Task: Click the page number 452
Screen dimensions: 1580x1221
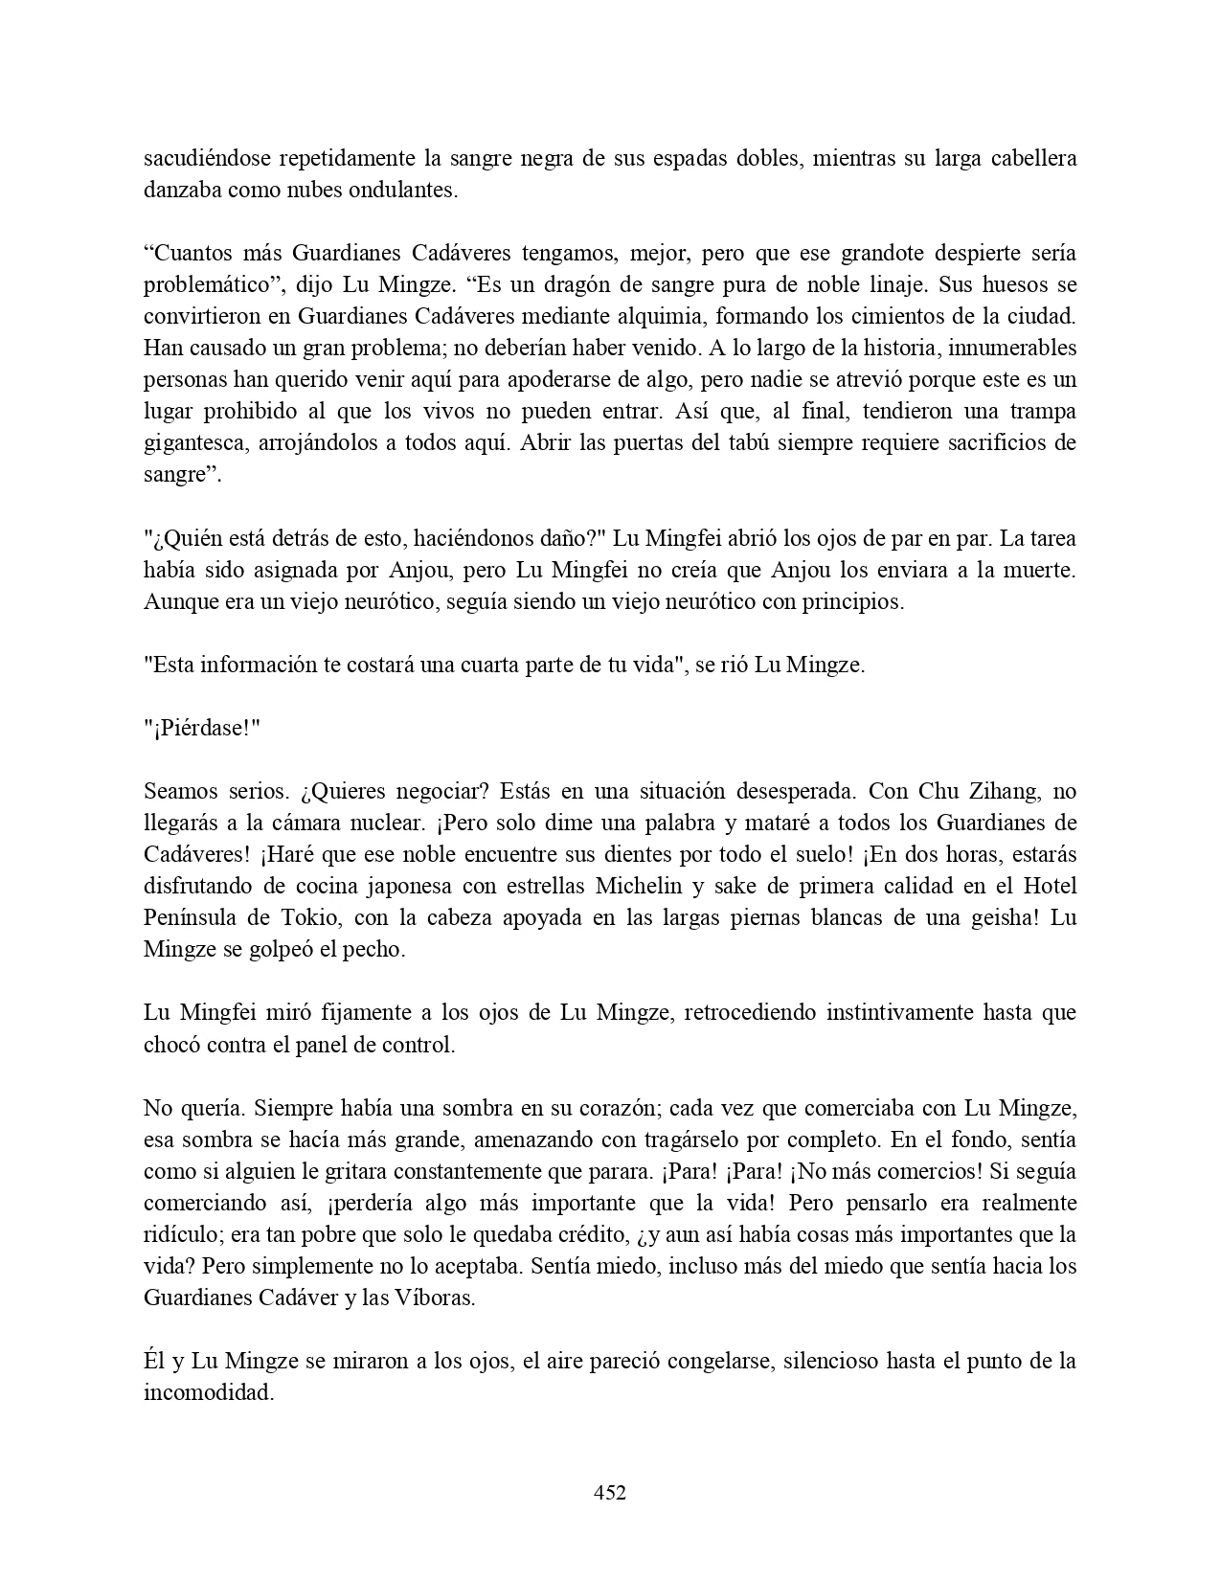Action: pyautogui.click(x=610, y=1492)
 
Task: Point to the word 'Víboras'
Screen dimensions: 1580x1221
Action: pyautogui.click(x=437, y=1298)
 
